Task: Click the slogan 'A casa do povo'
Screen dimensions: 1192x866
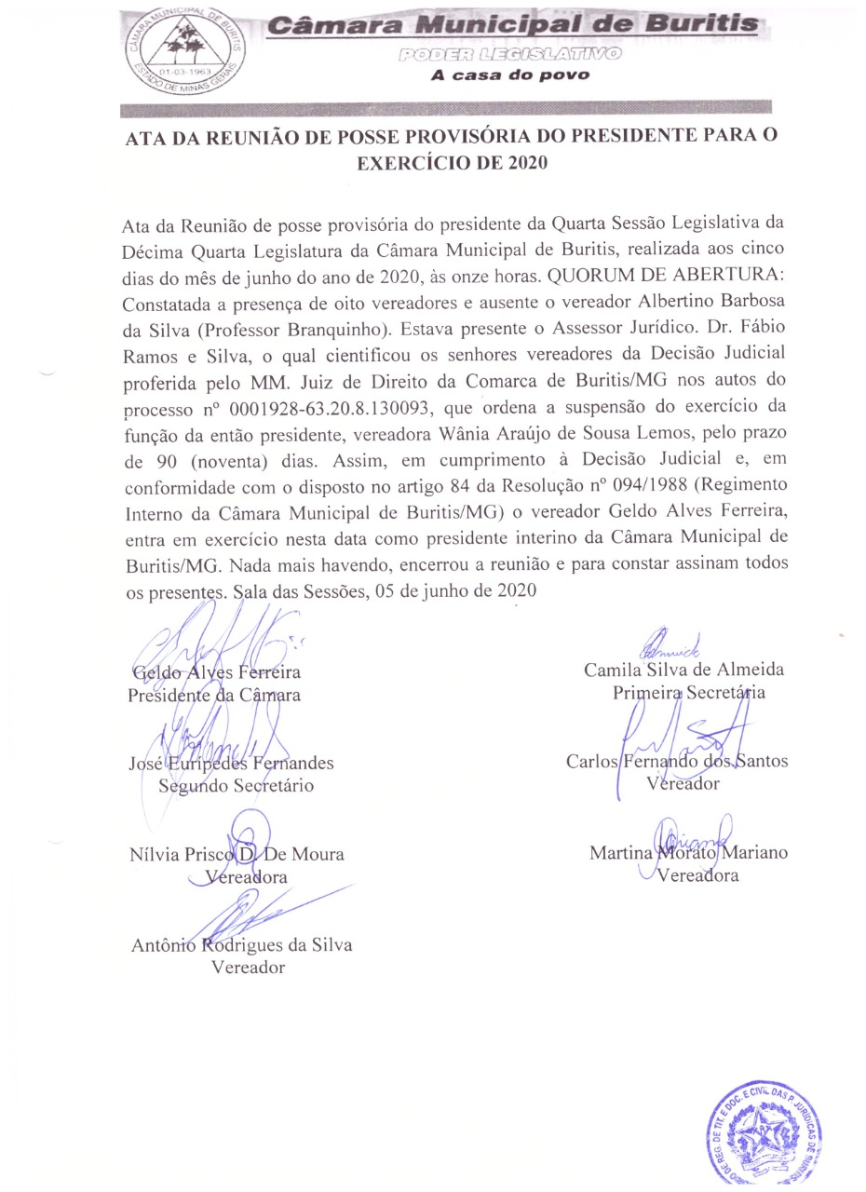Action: tap(509, 75)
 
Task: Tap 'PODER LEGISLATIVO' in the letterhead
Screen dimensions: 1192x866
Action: tap(509, 55)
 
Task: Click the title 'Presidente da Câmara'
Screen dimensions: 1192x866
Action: tap(214, 695)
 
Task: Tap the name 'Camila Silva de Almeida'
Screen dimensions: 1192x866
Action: tap(683, 670)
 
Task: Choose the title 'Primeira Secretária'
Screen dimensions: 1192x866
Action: tap(689, 692)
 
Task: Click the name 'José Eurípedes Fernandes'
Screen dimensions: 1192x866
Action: tap(231, 763)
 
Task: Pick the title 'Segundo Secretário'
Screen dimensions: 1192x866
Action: tap(237, 785)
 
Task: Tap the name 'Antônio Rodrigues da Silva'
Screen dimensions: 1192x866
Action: tap(242, 945)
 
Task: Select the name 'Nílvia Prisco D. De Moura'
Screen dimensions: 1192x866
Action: tap(237, 854)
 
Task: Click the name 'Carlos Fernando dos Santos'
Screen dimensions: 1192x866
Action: tap(677, 761)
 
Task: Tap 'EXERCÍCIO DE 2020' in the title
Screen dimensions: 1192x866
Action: tap(453, 164)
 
